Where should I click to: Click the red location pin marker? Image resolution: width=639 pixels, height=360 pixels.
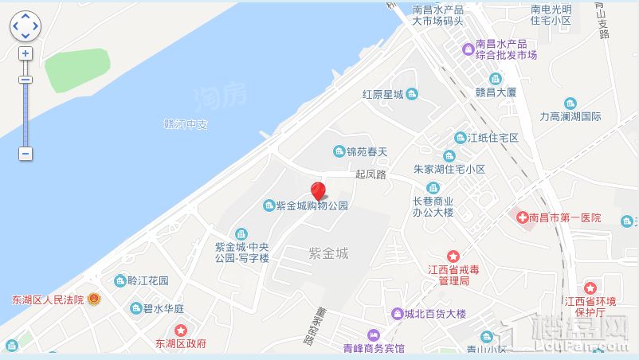pos(318,191)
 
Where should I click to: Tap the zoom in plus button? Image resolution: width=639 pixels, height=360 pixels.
pos(25,53)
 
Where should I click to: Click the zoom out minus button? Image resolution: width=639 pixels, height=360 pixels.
pos(25,153)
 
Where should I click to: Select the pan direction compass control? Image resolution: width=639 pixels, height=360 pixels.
pos(25,25)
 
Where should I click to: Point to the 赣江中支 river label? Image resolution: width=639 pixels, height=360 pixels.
pos(185,124)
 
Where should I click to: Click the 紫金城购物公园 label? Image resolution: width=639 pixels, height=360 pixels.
pos(312,205)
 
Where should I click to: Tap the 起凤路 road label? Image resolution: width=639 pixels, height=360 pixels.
pos(370,174)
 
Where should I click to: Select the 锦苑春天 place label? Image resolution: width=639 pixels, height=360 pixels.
pos(366,151)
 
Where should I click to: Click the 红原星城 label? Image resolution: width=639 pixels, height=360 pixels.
pos(382,94)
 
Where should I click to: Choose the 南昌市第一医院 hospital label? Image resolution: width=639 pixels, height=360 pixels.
pos(563,217)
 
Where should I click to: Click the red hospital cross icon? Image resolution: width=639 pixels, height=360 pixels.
pos(523,217)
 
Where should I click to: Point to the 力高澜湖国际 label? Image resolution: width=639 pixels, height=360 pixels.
pos(570,116)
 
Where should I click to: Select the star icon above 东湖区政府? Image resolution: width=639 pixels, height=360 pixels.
pos(181,330)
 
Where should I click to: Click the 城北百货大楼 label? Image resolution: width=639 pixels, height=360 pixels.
pos(435,314)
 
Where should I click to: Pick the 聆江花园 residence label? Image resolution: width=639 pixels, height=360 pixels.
pos(147,280)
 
